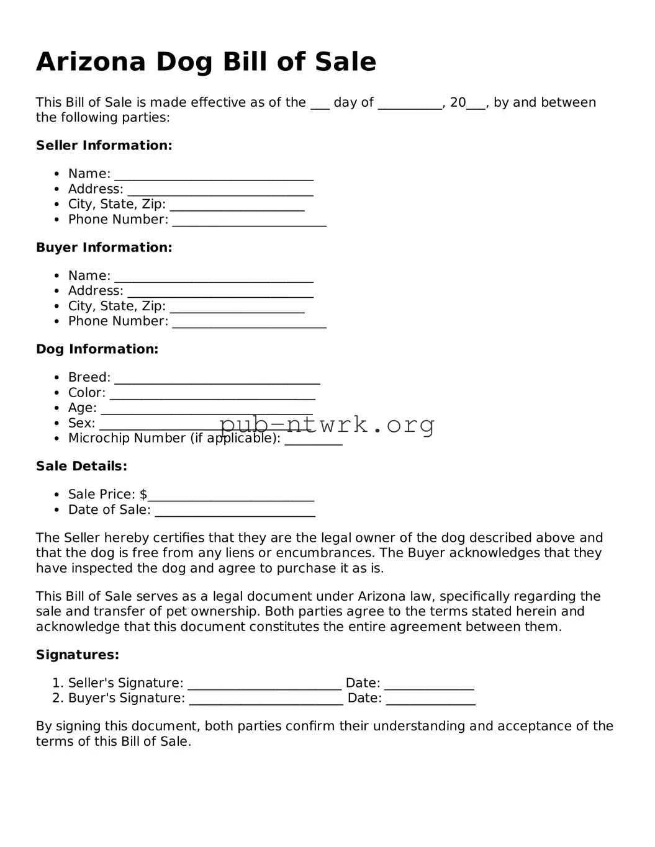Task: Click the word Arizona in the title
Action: (91, 62)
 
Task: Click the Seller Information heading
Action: (104, 146)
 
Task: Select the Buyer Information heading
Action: (104, 248)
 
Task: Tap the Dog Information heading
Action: (97, 349)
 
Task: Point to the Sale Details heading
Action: (81, 466)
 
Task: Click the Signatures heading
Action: (77, 655)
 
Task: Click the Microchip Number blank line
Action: (313, 442)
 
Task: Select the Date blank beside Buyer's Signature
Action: (430, 702)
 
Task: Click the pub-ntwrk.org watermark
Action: (327, 424)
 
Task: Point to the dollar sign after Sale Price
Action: (143, 495)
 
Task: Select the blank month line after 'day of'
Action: (409, 106)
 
